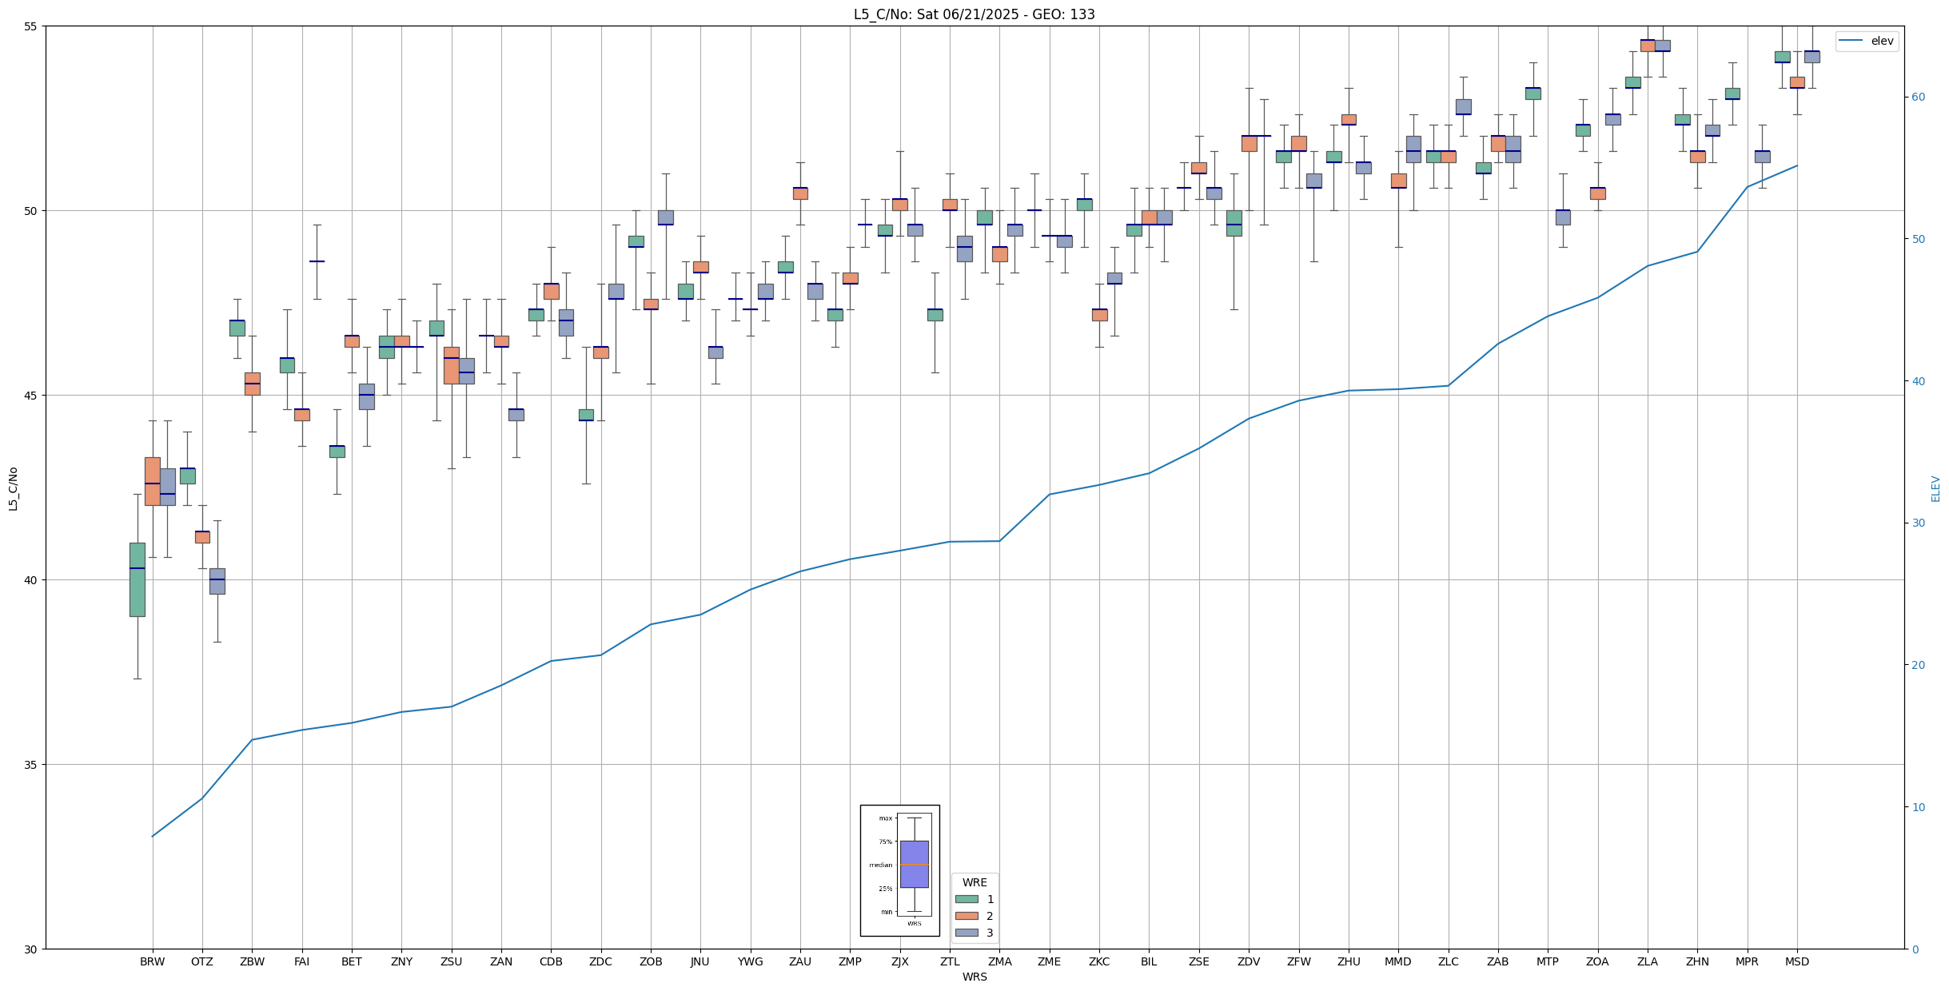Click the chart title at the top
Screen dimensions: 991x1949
[x=974, y=14]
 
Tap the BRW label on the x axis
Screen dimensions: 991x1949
[x=152, y=961]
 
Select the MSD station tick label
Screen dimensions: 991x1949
[x=1796, y=961]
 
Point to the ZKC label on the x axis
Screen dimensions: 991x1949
[x=1098, y=961]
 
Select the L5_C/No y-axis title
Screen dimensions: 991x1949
[x=13, y=488]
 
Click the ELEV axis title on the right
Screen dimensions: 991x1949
[x=1935, y=488]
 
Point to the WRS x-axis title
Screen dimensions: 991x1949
[x=974, y=977]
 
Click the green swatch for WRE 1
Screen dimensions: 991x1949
[x=967, y=899]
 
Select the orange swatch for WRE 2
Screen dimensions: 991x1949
[x=967, y=916]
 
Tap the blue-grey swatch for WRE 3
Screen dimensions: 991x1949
[x=967, y=933]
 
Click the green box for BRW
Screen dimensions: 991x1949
[x=138, y=579]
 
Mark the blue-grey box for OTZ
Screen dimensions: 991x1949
[x=217, y=581]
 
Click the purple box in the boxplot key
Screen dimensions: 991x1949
[x=914, y=864]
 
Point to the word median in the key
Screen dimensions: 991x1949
[x=880, y=865]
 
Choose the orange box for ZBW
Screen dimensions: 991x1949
[x=252, y=384]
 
